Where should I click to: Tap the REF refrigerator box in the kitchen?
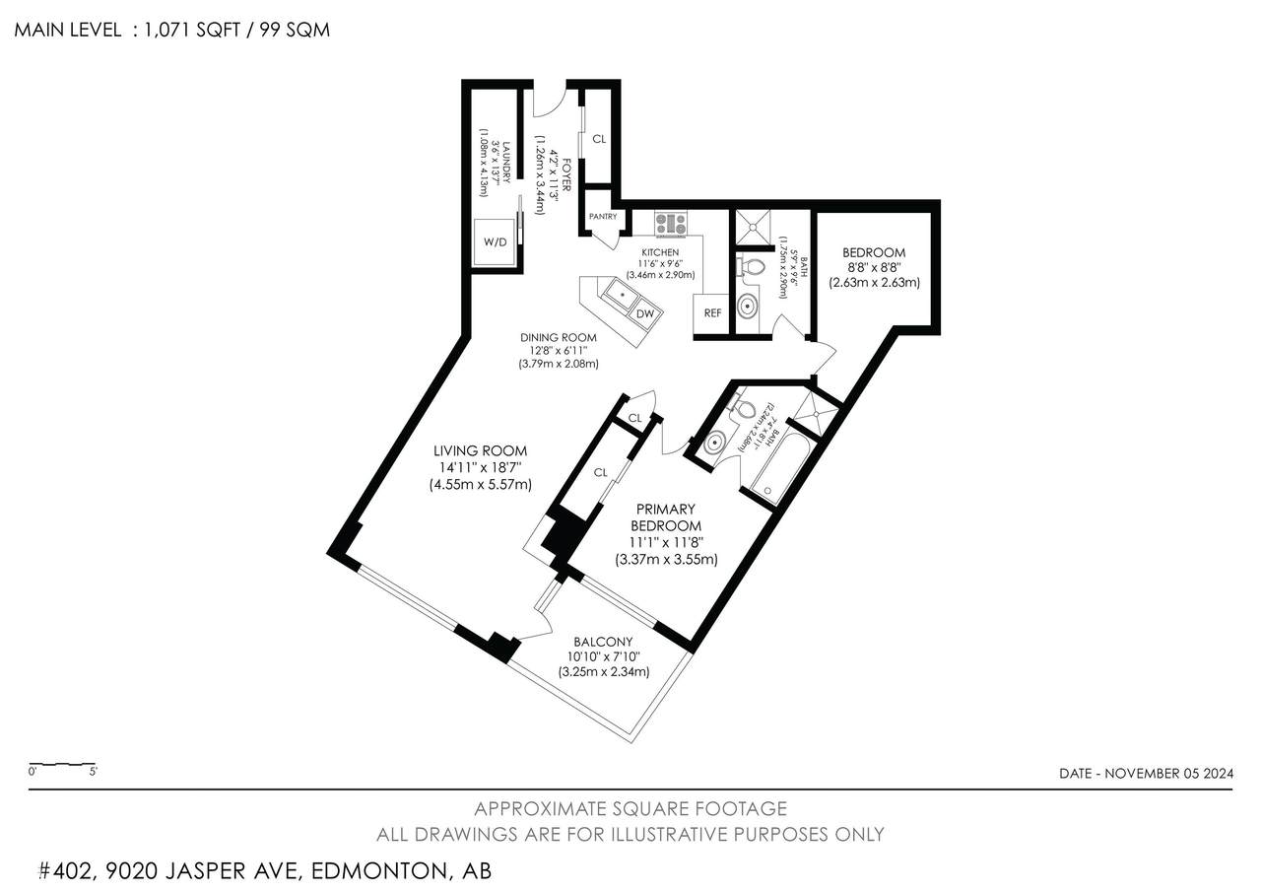[x=711, y=312]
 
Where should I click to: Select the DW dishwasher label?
[x=645, y=313]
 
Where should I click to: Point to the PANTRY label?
[x=602, y=217]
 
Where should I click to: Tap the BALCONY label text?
[x=603, y=642]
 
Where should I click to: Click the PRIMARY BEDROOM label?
[x=666, y=517]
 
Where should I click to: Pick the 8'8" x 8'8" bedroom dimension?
[x=874, y=266]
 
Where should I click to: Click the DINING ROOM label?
[x=559, y=337]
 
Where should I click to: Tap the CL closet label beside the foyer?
[x=599, y=140]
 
